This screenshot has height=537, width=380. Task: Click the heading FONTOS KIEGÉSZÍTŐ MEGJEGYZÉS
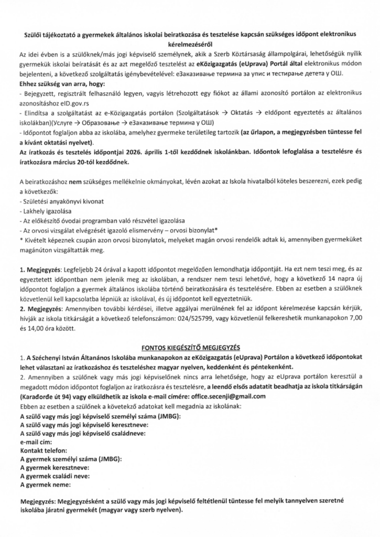click(190, 347)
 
